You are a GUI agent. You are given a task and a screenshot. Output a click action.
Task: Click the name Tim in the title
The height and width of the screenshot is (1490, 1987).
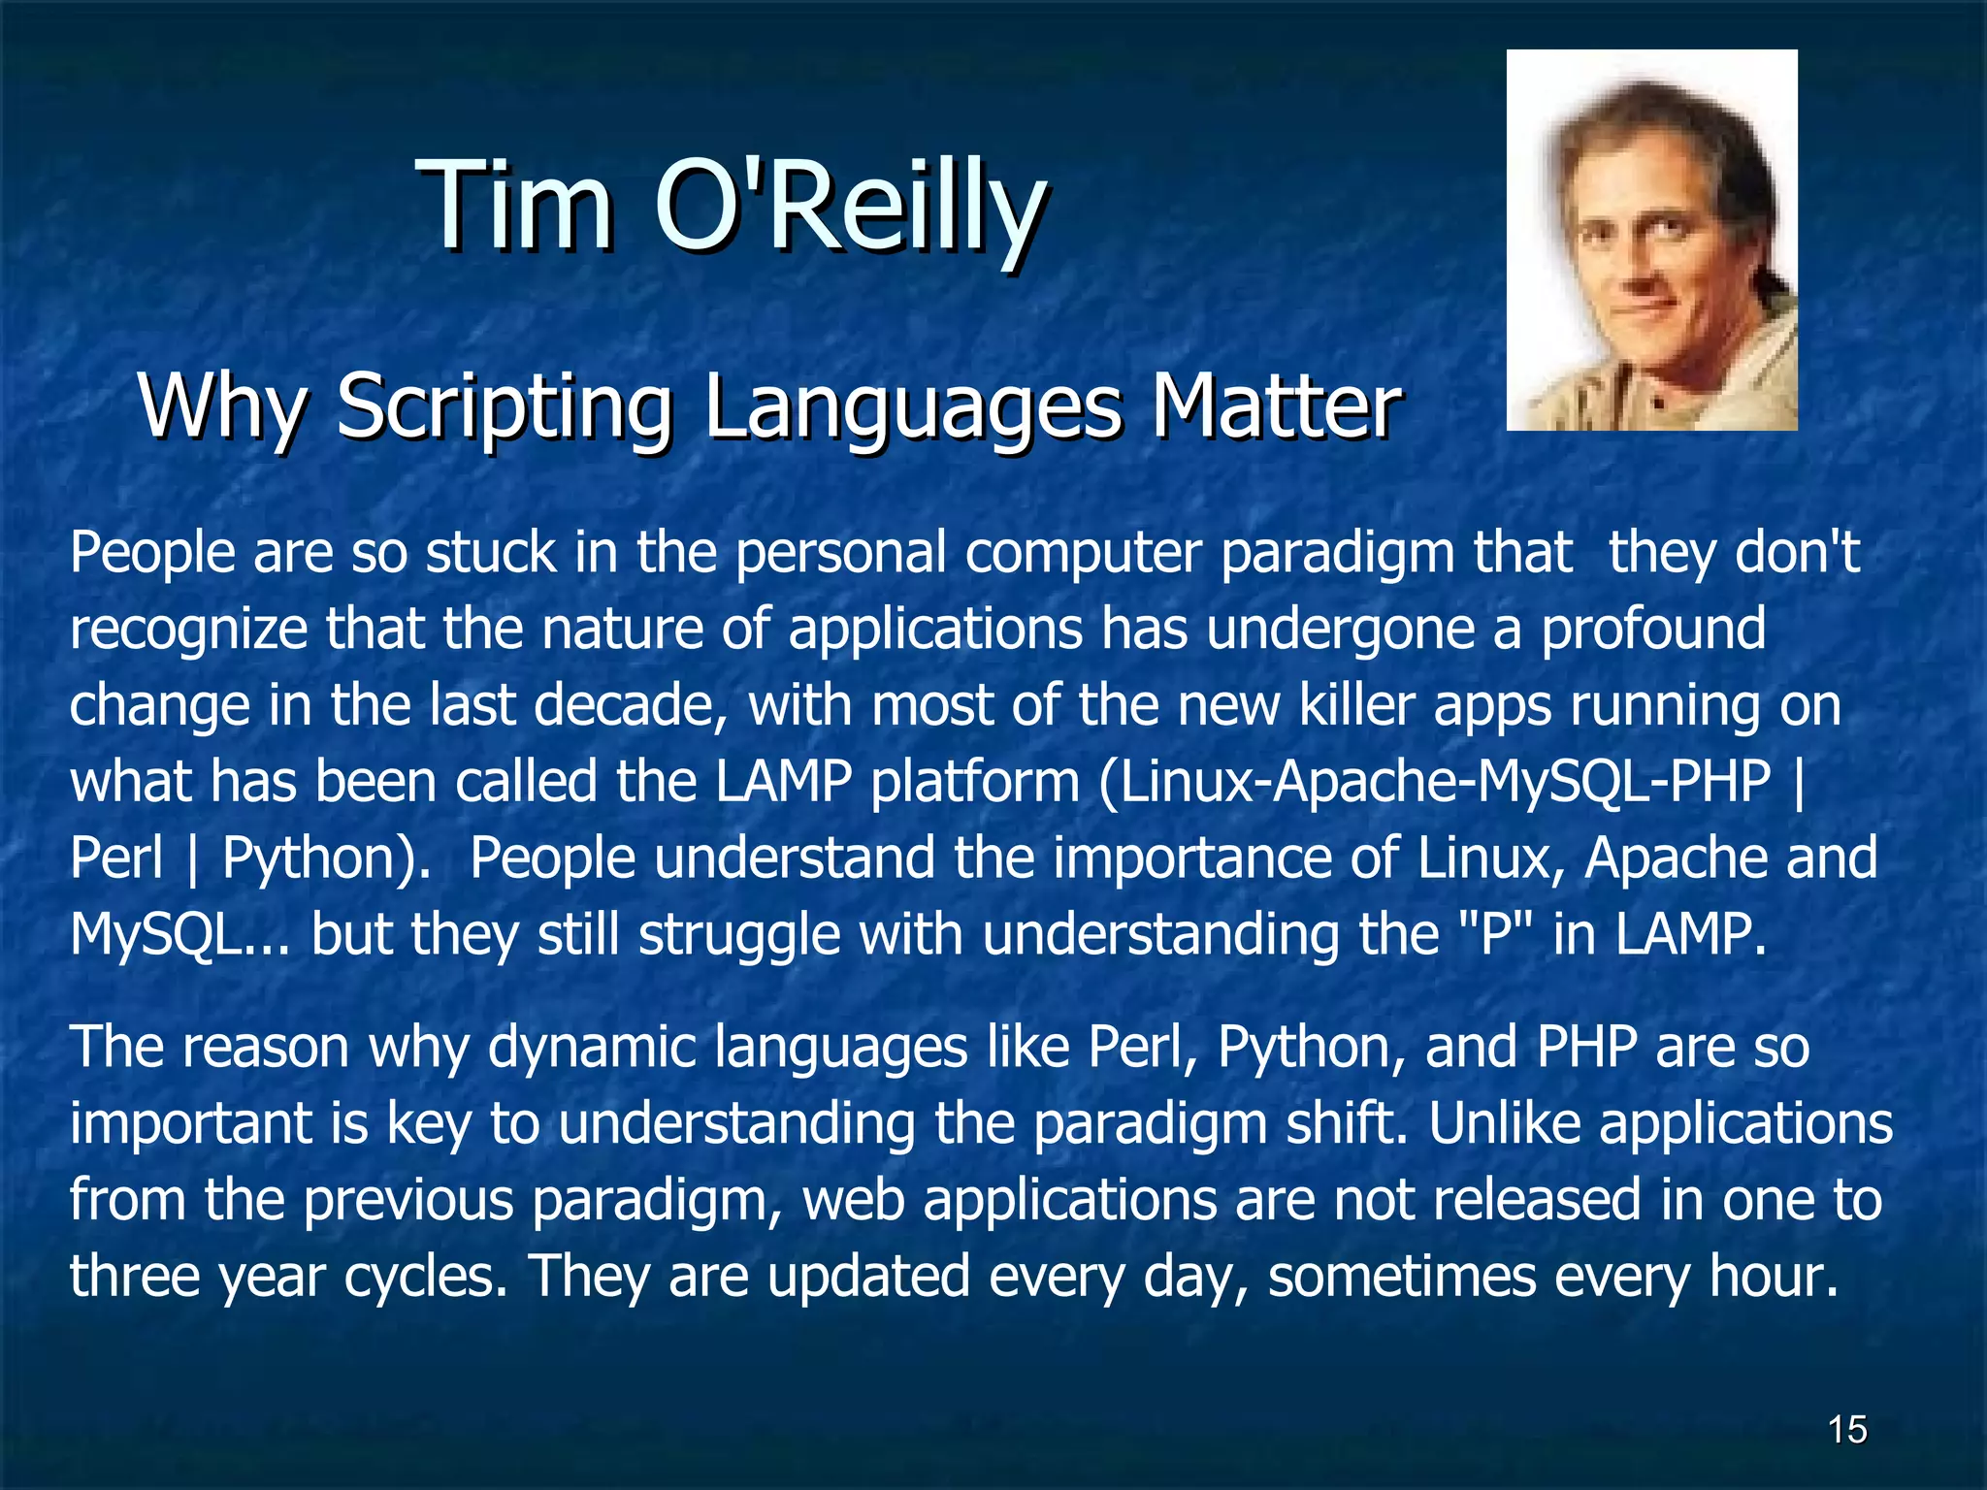(515, 206)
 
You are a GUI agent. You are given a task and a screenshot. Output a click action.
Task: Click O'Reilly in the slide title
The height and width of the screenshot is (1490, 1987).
(850, 206)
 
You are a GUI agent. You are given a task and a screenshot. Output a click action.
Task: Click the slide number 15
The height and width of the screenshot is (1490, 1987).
(1846, 1430)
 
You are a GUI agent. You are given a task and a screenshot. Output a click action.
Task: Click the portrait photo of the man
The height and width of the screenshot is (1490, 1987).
(1651, 240)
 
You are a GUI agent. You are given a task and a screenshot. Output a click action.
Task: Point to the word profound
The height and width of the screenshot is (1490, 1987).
(1653, 629)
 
